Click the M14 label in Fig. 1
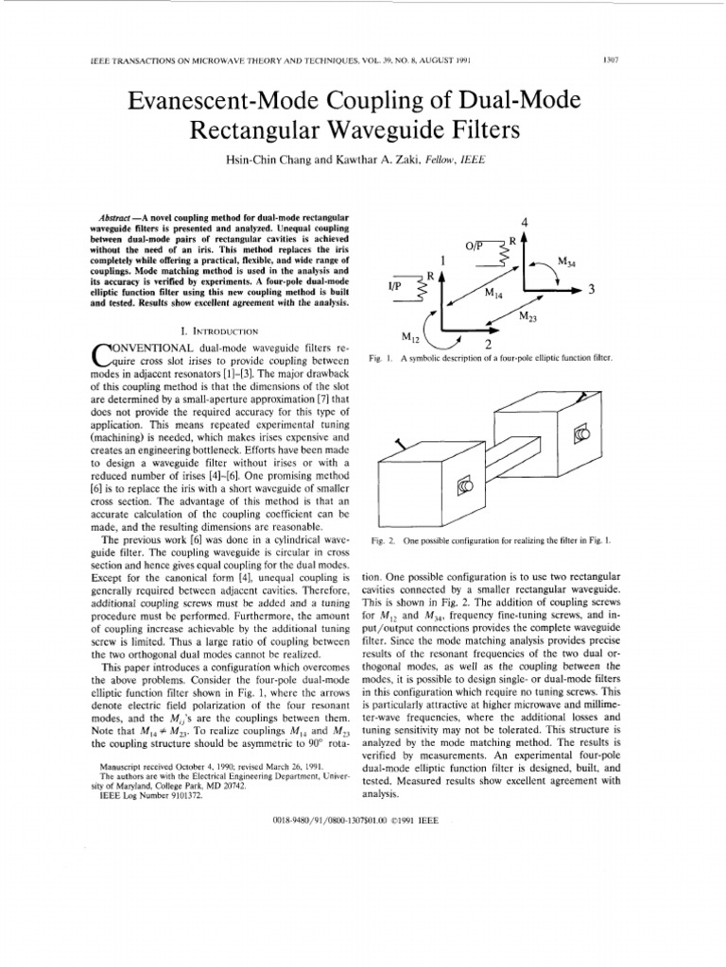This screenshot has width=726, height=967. coord(494,294)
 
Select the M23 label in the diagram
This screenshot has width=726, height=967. coord(529,316)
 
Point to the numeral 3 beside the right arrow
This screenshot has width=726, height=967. coord(591,291)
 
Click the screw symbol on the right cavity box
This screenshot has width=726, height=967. coord(581,433)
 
